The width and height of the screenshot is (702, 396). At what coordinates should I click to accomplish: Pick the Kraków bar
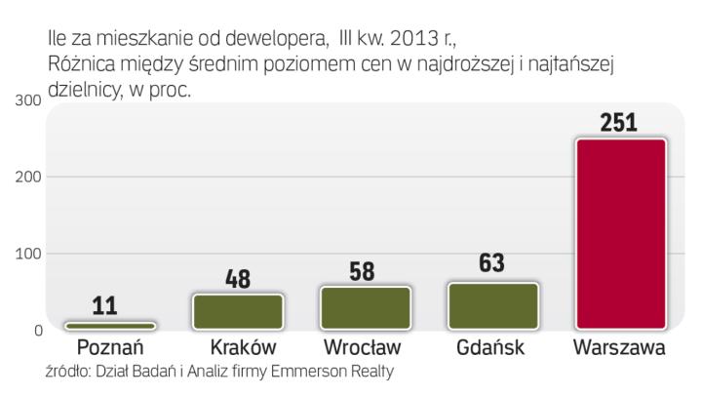pos(239,311)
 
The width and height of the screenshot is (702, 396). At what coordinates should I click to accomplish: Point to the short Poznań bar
pos(110,326)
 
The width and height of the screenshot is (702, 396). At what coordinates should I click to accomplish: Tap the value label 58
pos(362,271)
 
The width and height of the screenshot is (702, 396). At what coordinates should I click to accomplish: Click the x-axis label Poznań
pos(110,347)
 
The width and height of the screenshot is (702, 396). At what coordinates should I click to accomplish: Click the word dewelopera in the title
pos(272,40)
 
